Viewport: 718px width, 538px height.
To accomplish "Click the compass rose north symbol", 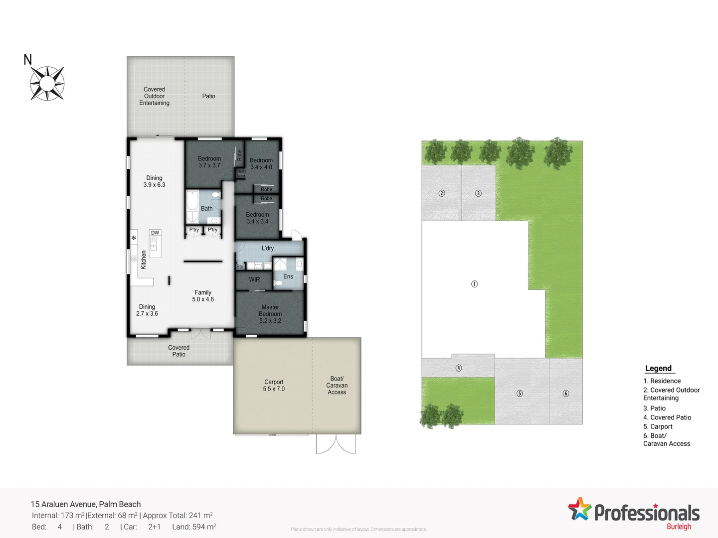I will [47, 83].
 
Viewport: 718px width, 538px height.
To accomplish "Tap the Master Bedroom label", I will [270, 314].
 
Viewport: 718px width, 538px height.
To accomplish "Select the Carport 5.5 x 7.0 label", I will [274, 386].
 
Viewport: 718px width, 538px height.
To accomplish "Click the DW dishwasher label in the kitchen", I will [155, 233].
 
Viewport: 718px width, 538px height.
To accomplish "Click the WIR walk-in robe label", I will [254, 279].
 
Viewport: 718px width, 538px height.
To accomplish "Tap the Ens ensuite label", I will [288, 276].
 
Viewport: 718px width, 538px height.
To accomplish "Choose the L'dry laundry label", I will [268, 248].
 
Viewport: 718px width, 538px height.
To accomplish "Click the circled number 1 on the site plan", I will [474, 284].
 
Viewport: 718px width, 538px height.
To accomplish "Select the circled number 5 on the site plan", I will [520, 393].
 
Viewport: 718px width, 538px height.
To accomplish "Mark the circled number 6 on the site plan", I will [566, 393].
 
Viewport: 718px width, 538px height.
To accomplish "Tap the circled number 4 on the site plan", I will [459, 368].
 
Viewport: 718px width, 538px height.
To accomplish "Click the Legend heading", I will [659, 368].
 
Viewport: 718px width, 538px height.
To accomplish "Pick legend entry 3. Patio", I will [654, 408].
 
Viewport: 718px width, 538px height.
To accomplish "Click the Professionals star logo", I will [579, 509].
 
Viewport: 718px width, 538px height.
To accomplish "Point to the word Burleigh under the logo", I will [679, 527].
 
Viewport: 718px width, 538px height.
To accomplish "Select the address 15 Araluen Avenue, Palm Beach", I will [86, 504].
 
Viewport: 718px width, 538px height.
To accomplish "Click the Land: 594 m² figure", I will [194, 527].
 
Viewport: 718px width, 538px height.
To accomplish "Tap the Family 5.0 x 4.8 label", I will [203, 296].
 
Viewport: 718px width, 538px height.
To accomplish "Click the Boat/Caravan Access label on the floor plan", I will [337, 386].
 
